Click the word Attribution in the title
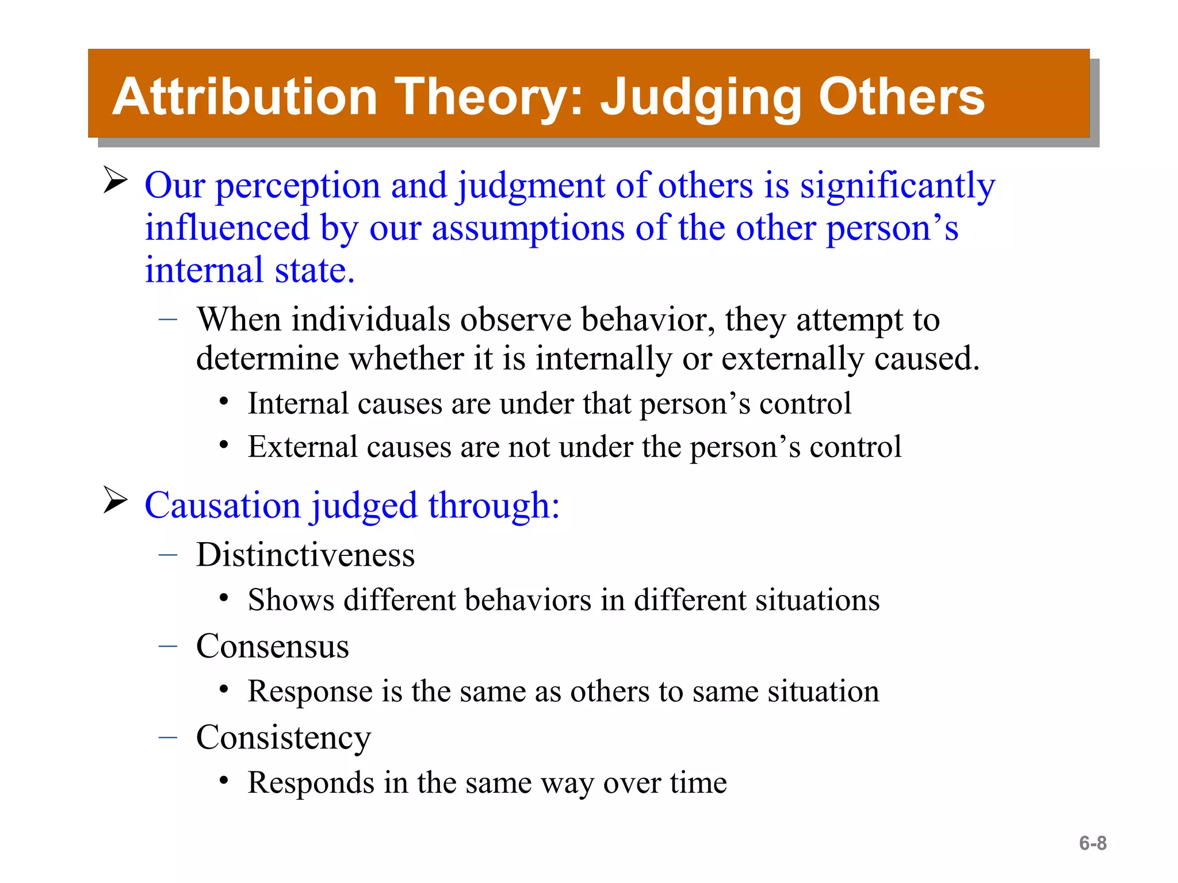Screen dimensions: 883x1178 point(244,97)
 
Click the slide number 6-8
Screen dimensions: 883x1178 point(1092,843)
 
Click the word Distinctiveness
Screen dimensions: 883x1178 point(305,555)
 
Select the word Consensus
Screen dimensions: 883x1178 point(272,647)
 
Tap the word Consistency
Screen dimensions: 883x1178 point(283,738)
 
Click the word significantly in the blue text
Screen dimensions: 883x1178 point(897,187)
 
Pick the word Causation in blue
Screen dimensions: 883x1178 point(223,506)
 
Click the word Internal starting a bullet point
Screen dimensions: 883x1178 point(297,404)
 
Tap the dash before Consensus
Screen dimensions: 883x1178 point(167,647)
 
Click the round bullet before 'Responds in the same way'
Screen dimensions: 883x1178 point(224,782)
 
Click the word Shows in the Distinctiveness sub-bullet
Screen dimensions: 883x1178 point(290,600)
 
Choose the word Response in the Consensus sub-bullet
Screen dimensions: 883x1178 point(309,692)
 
